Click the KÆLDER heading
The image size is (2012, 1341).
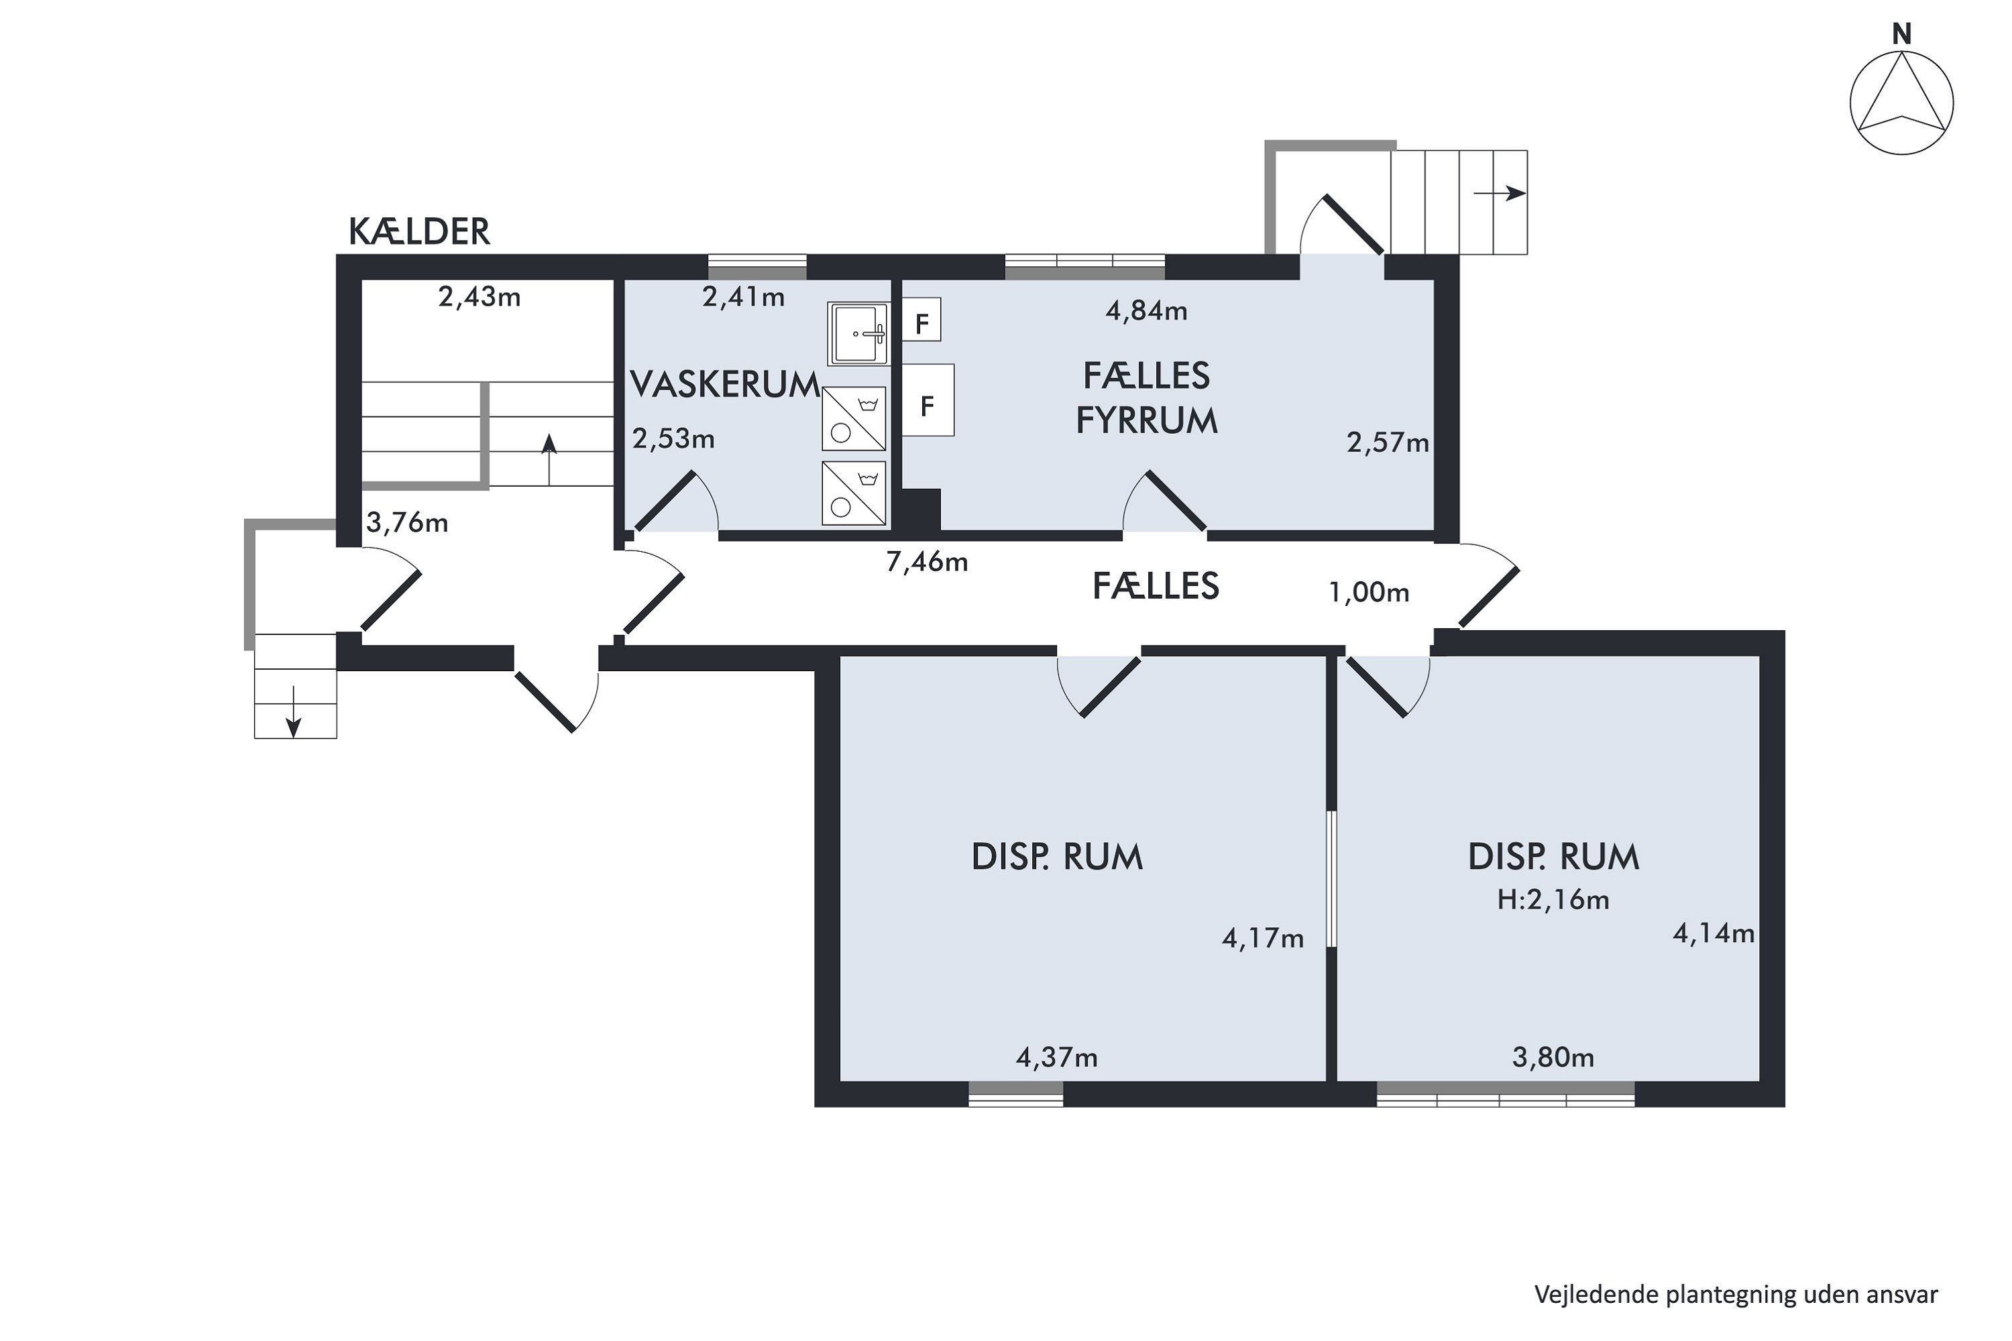(419, 232)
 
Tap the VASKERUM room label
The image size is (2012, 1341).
(724, 385)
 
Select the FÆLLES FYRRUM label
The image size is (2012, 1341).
(1146, 398)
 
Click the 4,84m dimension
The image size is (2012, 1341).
(1146, 310)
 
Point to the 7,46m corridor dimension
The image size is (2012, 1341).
(928, 562)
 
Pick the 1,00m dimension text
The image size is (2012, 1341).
(1369, 592)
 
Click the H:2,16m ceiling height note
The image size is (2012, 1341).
(1553, 900)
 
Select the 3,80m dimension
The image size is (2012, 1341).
(1553, 1058)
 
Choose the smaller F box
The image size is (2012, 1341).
(922, 320)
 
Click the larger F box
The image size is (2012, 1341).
(928, 401)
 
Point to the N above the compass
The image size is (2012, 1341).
(1901, 34)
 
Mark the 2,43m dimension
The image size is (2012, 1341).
(479, 297)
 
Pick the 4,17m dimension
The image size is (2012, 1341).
(1263, 939)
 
